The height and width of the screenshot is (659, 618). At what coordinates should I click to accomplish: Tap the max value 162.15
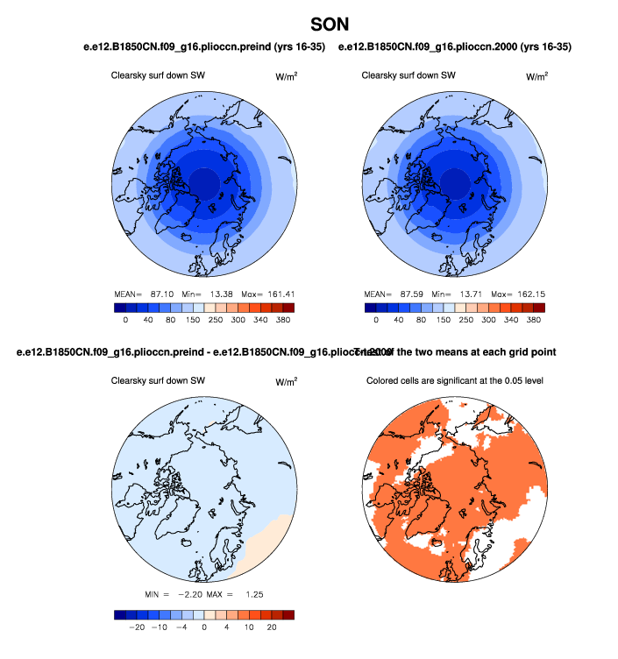pyautogui.click(x=529, y=293)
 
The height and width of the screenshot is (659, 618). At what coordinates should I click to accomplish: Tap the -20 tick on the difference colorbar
pyautogui.click(x=137, y=627)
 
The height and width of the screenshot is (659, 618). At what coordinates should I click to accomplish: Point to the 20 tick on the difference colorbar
pyautogui.click(x=272, y=627)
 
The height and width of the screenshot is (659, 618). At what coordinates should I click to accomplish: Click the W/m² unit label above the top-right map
pyautogui.click(x=537, y=76)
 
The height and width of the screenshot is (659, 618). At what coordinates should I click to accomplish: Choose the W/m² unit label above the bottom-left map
pyautogui.click(x=287, y=382)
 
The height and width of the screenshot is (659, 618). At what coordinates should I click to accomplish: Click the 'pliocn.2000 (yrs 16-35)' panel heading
pyautogui.click(x=456, y=46)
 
